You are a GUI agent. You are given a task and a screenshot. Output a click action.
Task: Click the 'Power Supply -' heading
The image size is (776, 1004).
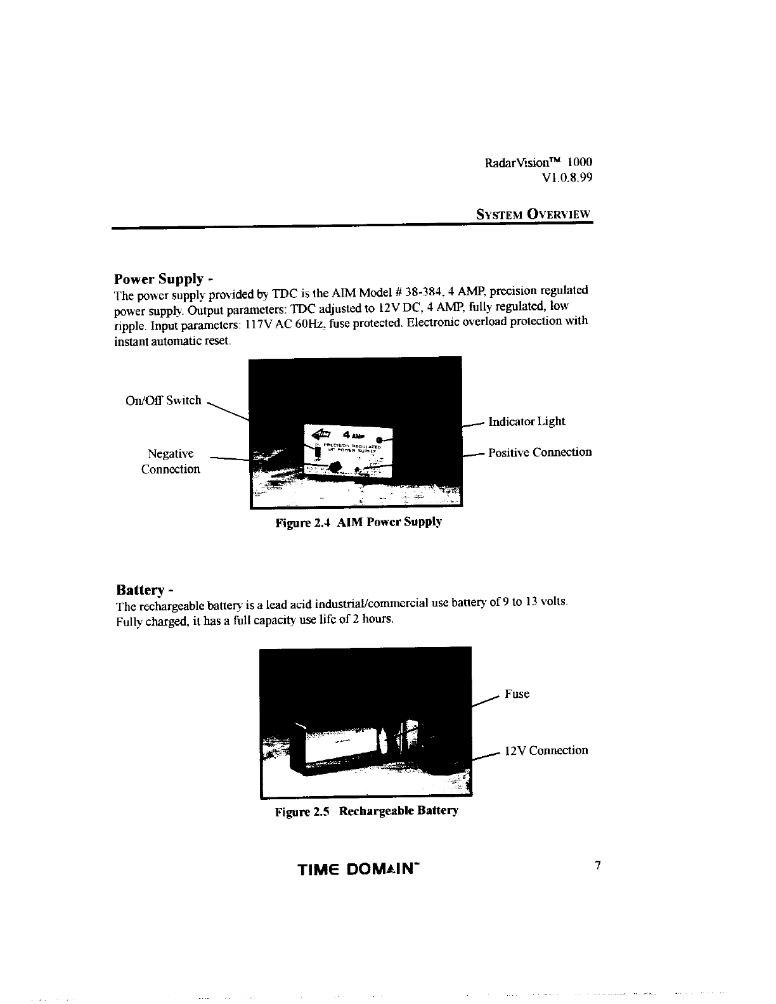click(x=163, y=279)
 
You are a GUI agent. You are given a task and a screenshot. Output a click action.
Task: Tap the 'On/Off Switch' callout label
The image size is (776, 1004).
click(x=164, y=401)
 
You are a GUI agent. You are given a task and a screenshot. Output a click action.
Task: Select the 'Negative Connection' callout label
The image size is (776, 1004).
click(x=171, y=461)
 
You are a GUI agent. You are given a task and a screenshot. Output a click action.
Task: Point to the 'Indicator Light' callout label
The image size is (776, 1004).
click(x=526, y=422)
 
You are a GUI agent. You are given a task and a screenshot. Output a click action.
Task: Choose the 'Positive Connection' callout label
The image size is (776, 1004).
click(x=540, y=453)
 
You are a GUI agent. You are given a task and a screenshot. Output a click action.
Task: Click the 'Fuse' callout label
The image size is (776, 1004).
click(x=517, y=694)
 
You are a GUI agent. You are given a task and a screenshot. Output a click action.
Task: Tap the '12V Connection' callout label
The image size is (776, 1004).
click(x=546, y=751)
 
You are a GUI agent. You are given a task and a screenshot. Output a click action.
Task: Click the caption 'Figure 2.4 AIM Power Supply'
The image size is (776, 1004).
click(x=358, y=523)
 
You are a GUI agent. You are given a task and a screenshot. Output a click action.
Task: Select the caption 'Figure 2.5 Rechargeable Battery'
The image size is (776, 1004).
click(x=366, y=811)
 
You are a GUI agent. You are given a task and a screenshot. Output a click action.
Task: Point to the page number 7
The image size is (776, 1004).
click(x=597, y=865)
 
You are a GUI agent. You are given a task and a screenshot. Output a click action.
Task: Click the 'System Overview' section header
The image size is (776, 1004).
click(x=534, y=214)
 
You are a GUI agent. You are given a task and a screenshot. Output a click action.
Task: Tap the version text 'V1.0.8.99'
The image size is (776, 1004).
click(x=567, y=178)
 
